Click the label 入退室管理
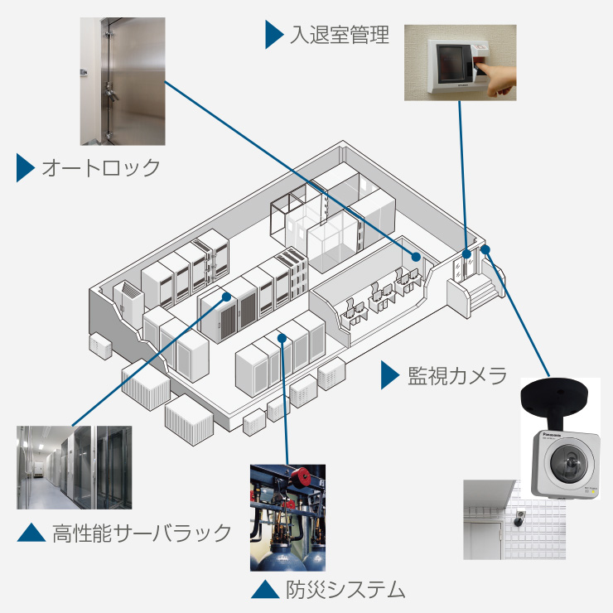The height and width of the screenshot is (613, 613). (340, 36)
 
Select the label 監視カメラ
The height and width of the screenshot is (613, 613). (456, 376)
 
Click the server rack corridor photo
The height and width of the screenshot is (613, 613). (74, 467)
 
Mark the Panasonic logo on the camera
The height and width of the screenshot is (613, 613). (552, 432)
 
